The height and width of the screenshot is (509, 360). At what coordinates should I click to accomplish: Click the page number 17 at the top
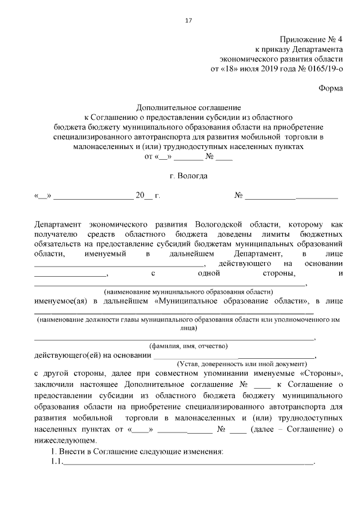pos(188,21)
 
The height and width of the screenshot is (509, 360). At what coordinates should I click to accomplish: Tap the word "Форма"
pos(330,88)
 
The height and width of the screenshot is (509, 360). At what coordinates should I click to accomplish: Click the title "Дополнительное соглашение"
pos(188,107)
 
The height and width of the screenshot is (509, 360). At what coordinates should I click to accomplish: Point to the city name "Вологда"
pos(192,175)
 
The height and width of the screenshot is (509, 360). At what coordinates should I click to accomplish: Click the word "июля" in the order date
pos(244,69)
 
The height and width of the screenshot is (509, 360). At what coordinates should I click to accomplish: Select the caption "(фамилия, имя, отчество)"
pos(188,346)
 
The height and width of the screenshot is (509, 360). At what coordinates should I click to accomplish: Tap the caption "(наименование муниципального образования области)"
pos(188,292)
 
